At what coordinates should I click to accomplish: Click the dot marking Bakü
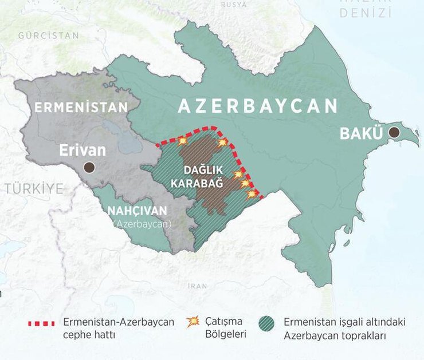(x=394, y=133)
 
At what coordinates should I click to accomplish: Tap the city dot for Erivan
(x=89, y=167)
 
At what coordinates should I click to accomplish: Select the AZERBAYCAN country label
(x=257, y=106)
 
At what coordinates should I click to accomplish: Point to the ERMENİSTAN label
(x=81, y=107)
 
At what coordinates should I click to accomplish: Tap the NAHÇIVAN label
(x=138, y=211)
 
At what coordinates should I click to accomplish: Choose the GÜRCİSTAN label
(x=49, y=35)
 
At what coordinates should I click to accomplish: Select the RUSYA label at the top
(x=234, y=4)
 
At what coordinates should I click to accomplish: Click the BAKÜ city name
(x=361, y=134)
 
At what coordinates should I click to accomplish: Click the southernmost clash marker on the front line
(x=251, y=194)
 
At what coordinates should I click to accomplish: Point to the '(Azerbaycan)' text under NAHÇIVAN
(x=142, y=224)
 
